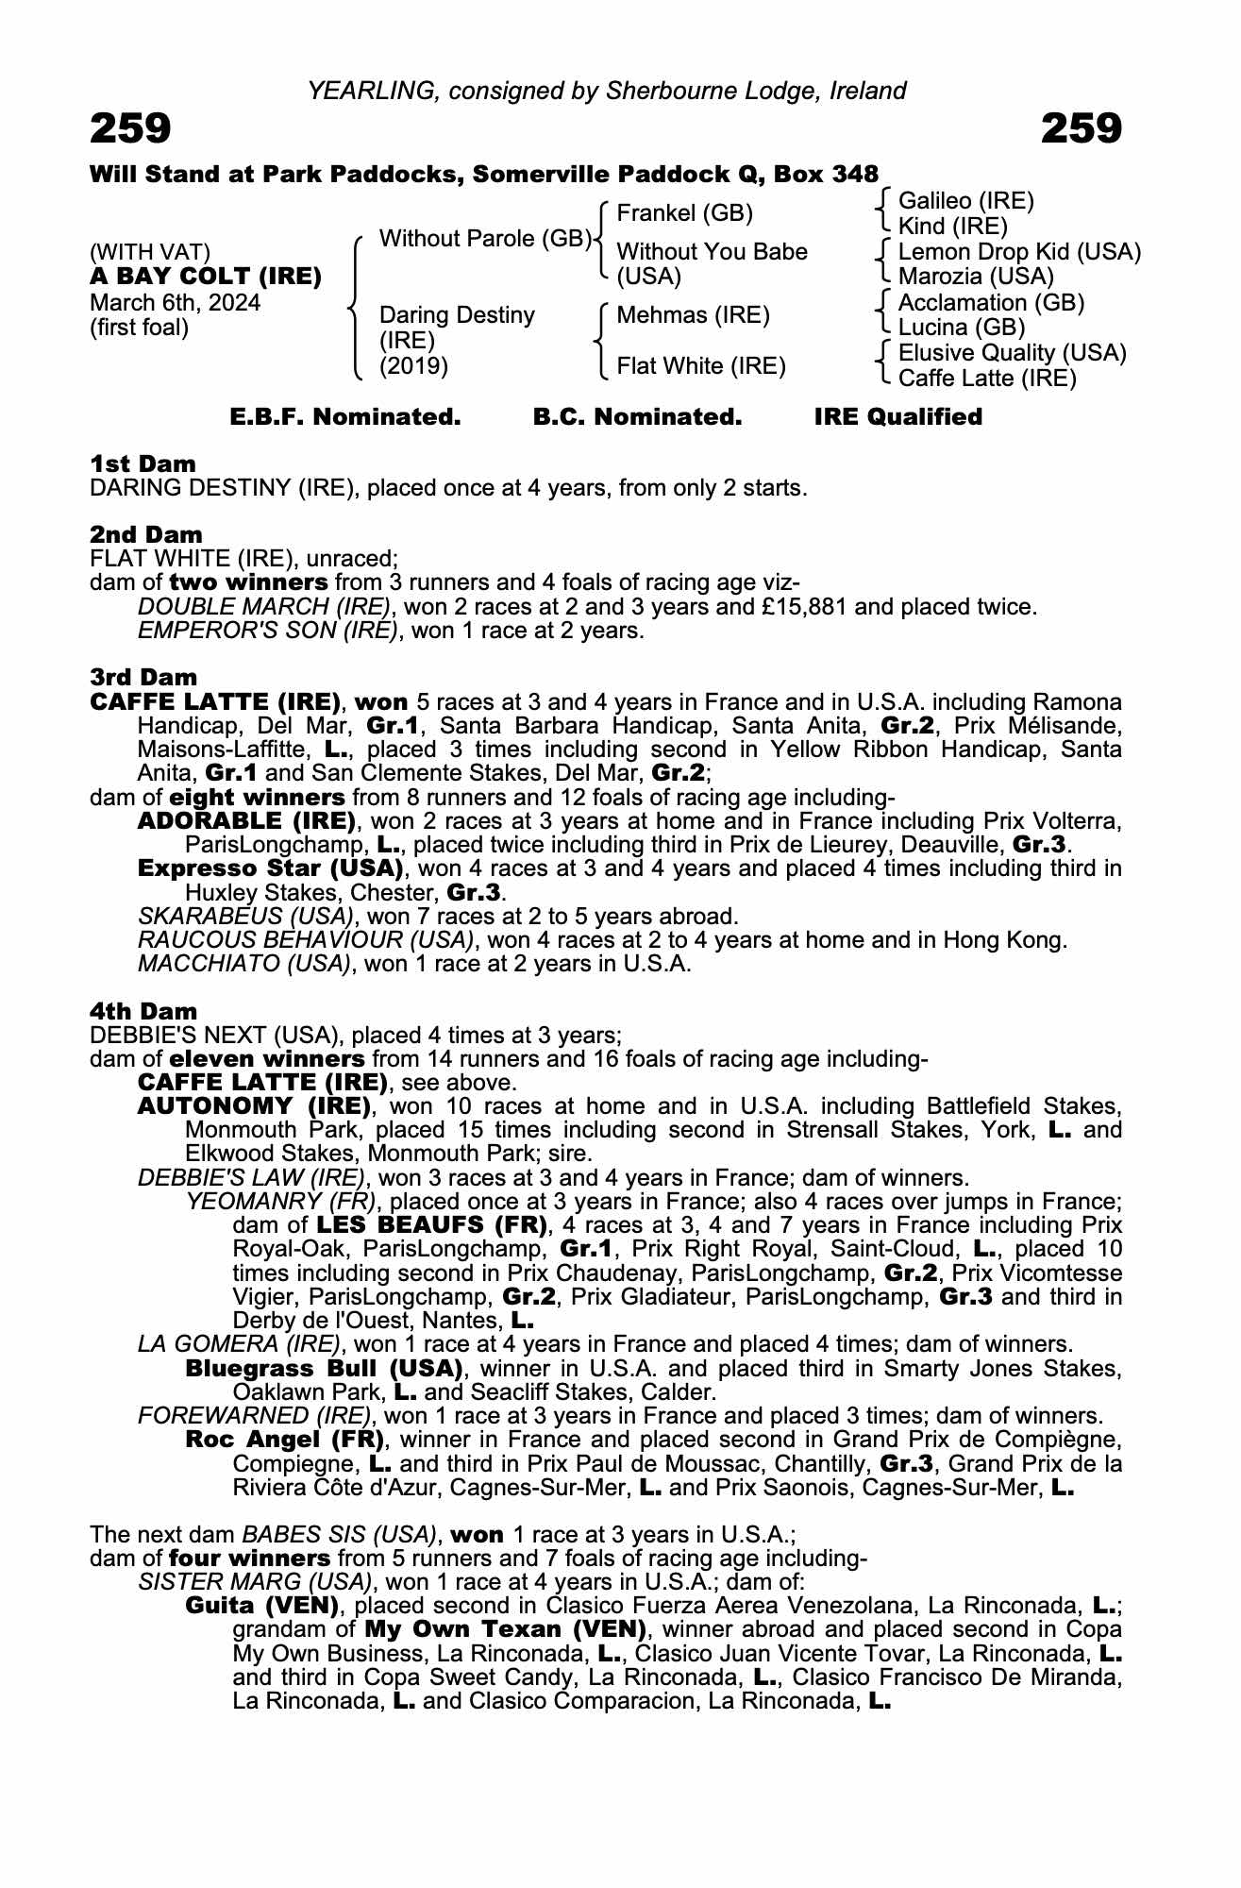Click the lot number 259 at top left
coord(130,128)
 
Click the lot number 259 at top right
coord(1081,128)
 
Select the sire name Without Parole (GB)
coord(484,239)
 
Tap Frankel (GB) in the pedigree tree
coord(684,213)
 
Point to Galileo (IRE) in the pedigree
coord(965,200)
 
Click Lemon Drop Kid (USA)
coord(1019,252)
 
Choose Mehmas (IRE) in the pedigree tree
coord(693,315)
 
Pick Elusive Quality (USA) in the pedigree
coord(1012,353)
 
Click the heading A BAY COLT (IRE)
coord(206,277)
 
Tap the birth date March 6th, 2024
coord(176,302)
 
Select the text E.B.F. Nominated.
coord(345,417)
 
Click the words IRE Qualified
coord(897,417)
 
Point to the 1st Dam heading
coord(143,464)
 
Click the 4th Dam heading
coord(143,1012)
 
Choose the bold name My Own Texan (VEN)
coord(505,1629)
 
